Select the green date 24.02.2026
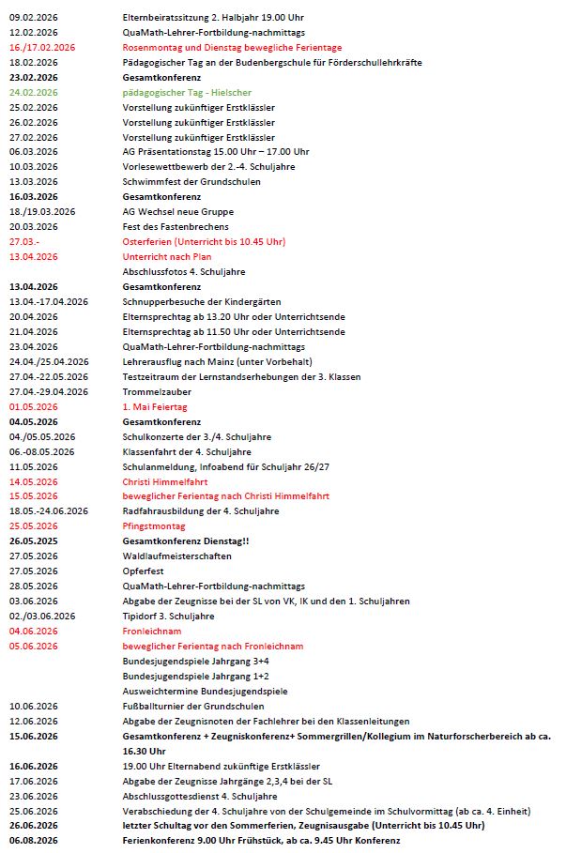34,92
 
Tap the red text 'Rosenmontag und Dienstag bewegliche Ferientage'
232,47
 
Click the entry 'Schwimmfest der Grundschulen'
191,182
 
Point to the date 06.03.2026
34,152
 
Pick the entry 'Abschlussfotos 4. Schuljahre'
184,271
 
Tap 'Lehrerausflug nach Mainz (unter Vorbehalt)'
218,361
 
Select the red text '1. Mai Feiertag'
155,406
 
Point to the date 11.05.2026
34,466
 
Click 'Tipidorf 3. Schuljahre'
168,616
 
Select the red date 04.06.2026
34,631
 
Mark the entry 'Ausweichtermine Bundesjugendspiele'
205,691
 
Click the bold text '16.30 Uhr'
144,751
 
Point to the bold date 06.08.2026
34,840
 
